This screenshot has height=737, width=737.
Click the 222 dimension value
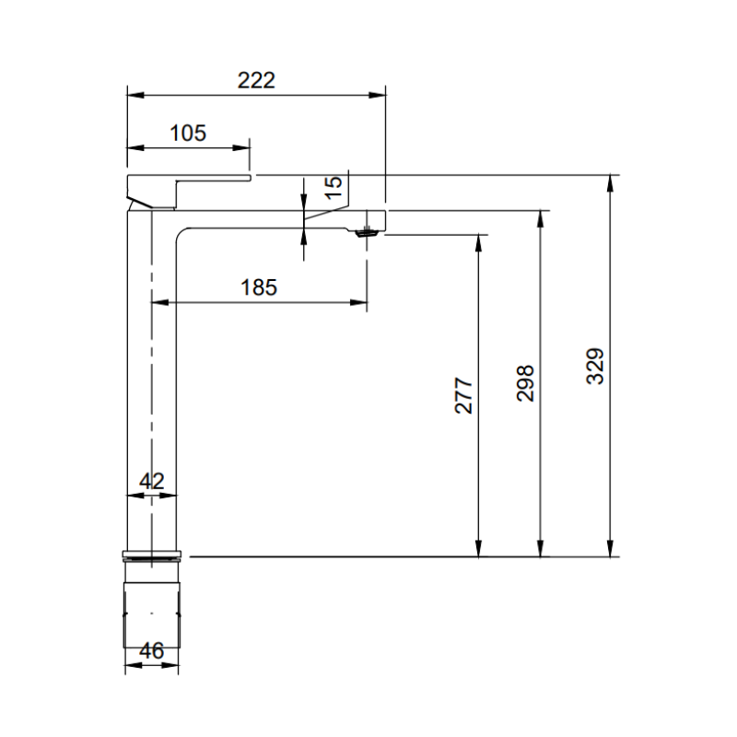(256, 80)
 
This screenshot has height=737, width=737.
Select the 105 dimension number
(188, 133)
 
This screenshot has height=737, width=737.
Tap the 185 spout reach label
(259, 287)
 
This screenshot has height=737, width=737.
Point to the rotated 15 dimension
(333, 188)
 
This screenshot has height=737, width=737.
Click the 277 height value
(463, 395)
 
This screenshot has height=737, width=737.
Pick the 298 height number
(525, 383)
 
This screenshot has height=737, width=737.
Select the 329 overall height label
(595, 366)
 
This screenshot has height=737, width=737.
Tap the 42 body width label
(152, 481)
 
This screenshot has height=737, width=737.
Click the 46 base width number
(152, 650)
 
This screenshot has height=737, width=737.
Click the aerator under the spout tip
(367, 232)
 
